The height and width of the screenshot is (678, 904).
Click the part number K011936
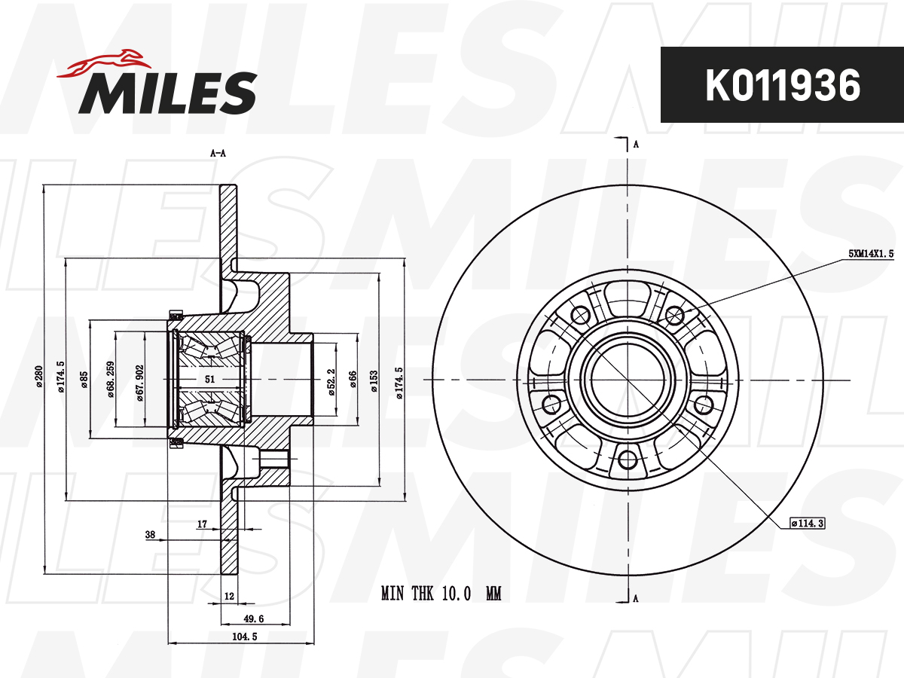(782, 85)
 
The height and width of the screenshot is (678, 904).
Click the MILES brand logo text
(168, 93)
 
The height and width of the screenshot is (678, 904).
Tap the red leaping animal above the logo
(105, 63)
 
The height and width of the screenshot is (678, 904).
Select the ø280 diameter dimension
(39, 376)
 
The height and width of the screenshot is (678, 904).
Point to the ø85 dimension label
(84, 380)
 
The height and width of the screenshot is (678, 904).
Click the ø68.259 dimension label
(111, 380)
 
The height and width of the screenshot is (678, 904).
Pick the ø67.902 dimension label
(140, 383)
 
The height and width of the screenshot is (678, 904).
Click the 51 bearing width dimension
(209, 379)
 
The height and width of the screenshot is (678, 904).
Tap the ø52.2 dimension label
(332, 383)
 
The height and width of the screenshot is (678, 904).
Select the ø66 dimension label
(353, 379)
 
